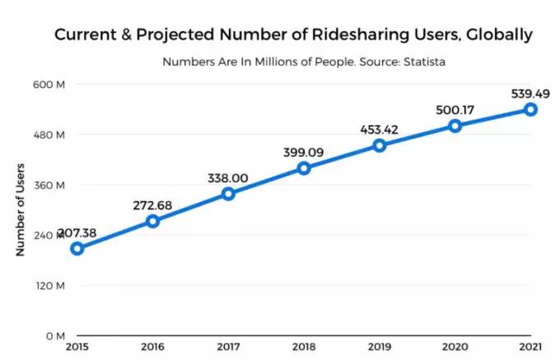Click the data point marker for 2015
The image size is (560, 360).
[x=77, y=249]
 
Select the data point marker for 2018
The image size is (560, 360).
[x=304, y=168]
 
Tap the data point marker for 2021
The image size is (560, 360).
[x=530, y=110]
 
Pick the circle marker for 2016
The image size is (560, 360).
[x=152, y=221]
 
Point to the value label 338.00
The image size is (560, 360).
[x=228, y=177]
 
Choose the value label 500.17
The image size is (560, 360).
[x=455, y=110]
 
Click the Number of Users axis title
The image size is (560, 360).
[x=21, y=210]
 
